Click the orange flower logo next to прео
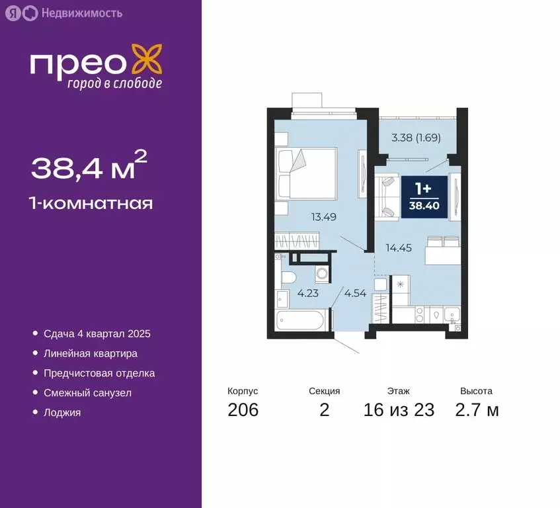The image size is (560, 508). (x=147, y=60)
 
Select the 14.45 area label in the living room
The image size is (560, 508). (x=399, y=248)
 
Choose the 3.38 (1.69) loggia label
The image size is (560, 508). (x=416, y=138)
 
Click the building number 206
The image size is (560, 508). (x=243, y=410)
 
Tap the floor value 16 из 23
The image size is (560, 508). (x=399, y=410)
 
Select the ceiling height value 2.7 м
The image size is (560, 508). (x=477, y=410)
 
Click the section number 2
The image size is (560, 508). (x=324, y=410)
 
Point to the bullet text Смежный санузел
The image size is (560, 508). (x=88, y=393)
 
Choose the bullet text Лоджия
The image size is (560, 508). (x=62, y=413)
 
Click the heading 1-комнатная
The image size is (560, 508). (x=92, y=204)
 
